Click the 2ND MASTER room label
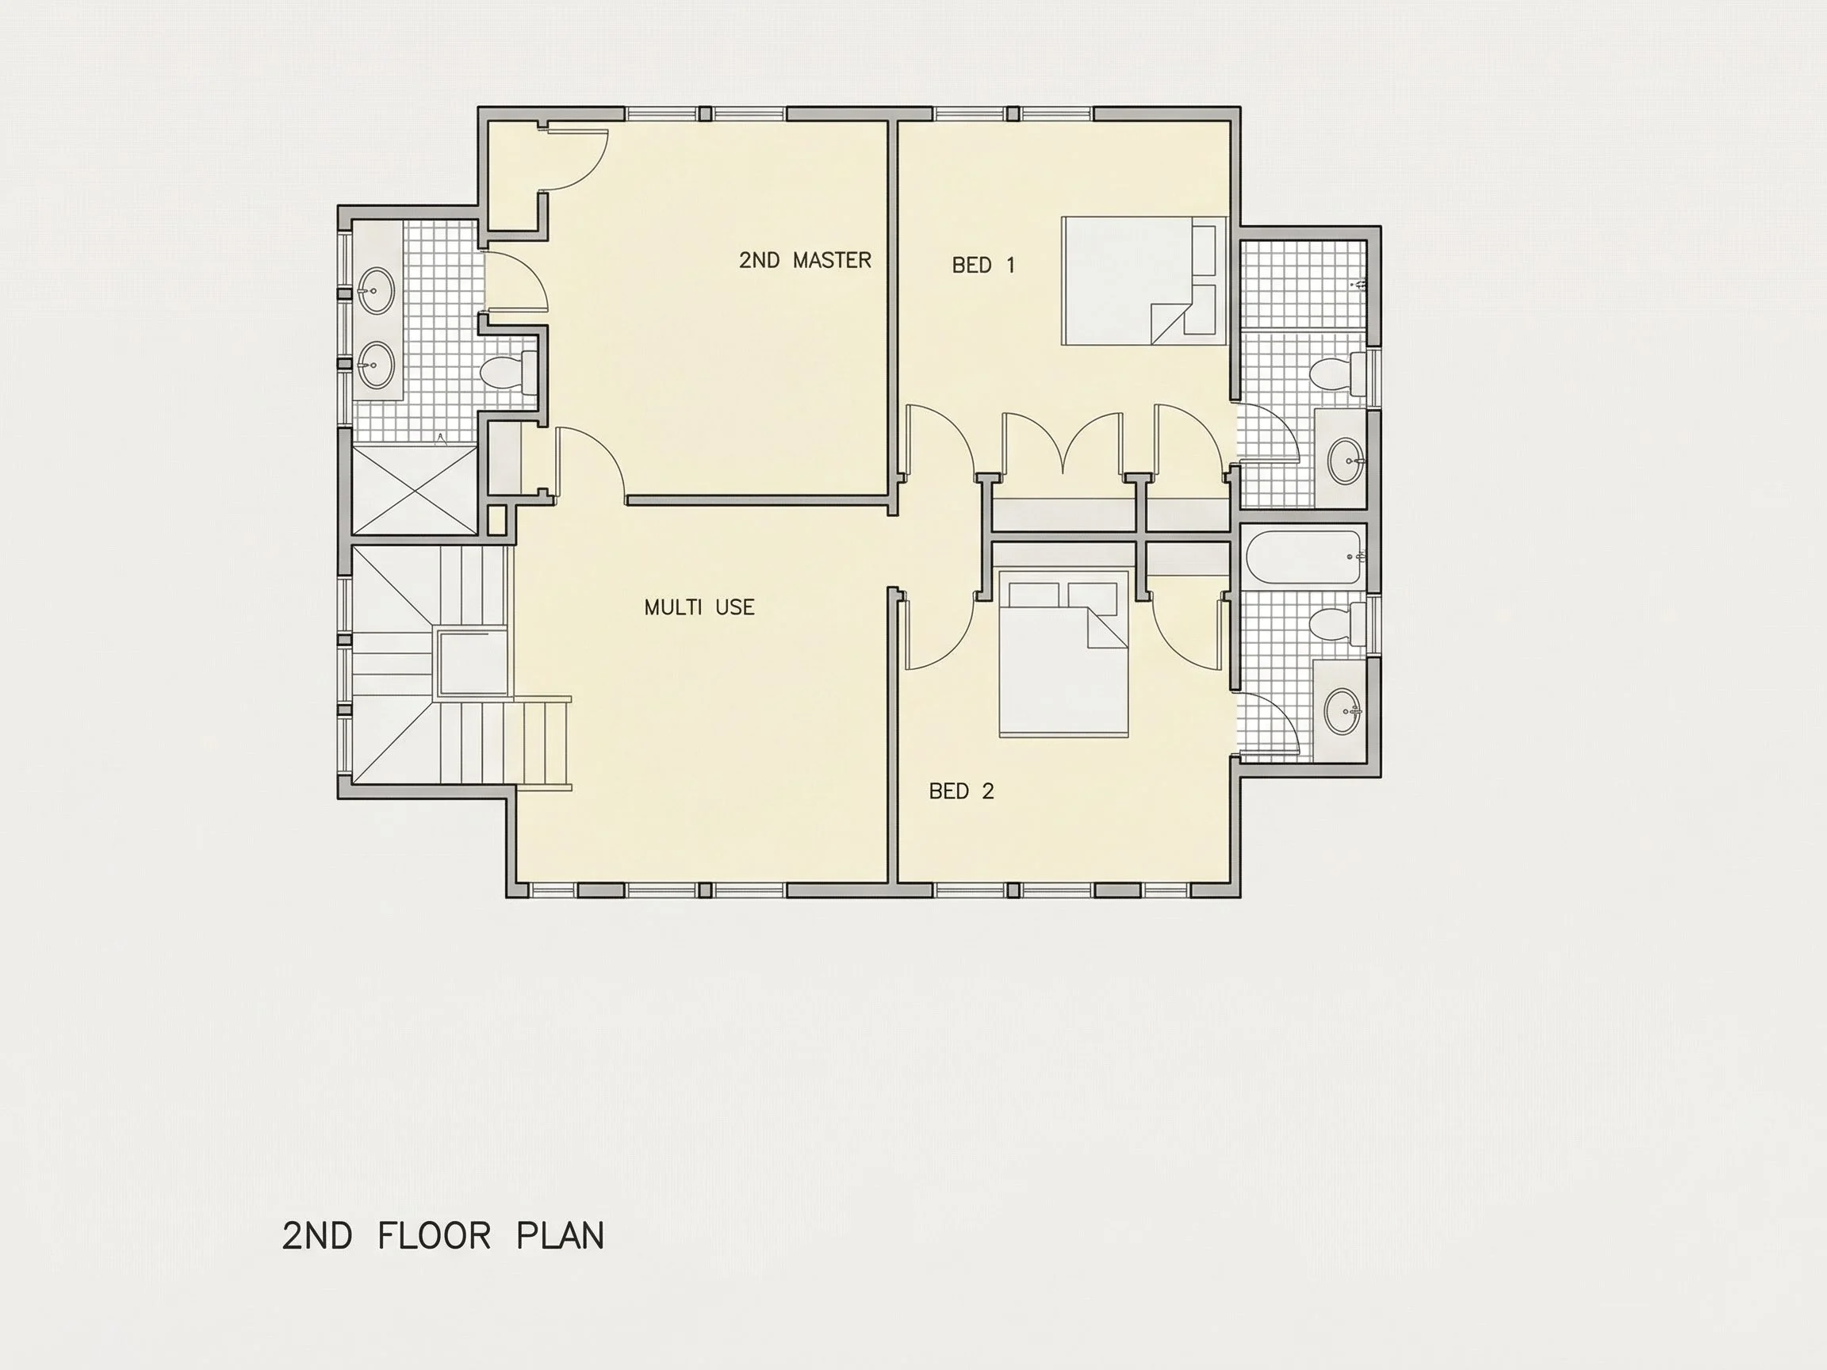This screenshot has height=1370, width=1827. (806, 260)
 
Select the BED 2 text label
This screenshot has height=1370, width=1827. (961, 791)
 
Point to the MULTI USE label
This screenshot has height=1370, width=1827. (699, 607)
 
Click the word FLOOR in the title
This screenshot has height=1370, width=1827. (435, 1235)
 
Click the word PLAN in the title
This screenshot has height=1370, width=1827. (560, 1235)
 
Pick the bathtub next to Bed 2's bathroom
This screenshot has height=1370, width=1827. (1303, 557)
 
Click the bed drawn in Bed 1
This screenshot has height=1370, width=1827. (1144, 281)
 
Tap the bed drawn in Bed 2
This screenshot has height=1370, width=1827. (1064, 652)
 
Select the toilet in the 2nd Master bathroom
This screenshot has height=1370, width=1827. (508, 373)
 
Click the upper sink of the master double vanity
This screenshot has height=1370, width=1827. (377, 291)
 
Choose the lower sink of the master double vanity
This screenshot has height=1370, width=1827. (377, 364)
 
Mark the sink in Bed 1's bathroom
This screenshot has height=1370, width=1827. (1346, 461)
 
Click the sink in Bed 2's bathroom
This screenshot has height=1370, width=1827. (1343, 711)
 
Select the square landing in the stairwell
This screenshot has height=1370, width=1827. (472, 663)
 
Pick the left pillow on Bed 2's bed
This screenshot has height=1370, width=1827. (1034, 595)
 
